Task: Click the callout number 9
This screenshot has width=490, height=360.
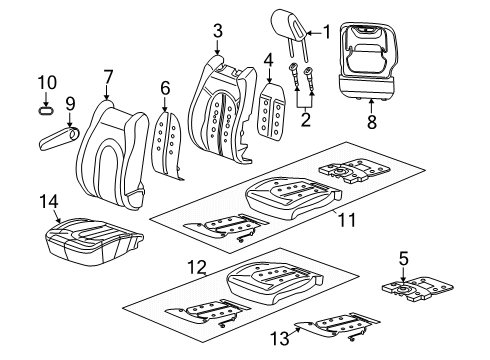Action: tap(70, 103)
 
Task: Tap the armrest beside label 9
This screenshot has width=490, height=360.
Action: tap(58, 134)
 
